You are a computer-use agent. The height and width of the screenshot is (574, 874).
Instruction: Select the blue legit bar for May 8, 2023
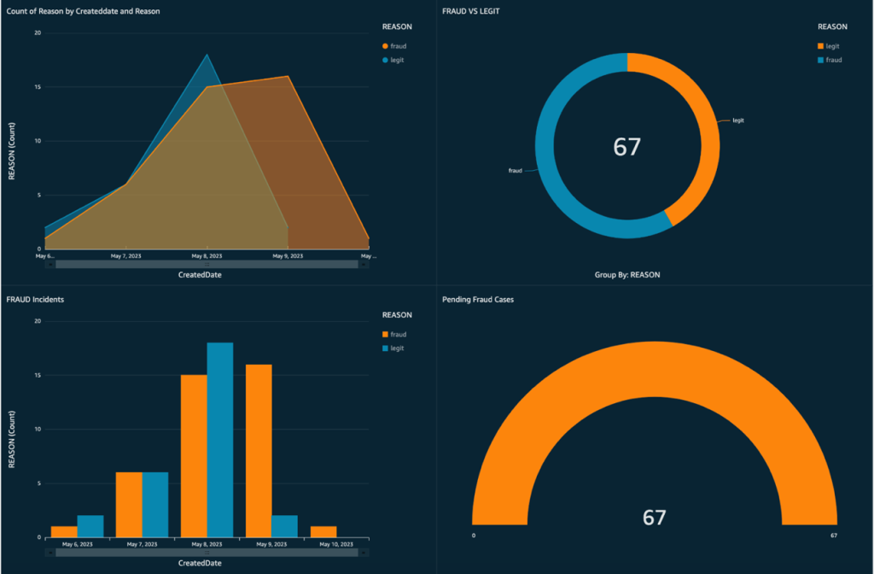pyautogui.click(x=219, y=440)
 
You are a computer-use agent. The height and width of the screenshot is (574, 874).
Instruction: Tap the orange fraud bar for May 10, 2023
pyautogui.click(x=323, y=532)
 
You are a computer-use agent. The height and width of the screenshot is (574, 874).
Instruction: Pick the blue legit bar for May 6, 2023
pyautogui.click(x=90, y=527)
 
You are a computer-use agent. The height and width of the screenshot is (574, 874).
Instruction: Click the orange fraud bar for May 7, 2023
pyautogui.click(x=129, y=505)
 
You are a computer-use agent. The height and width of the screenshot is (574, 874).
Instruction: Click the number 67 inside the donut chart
pyautogui.click(x=626, y=147)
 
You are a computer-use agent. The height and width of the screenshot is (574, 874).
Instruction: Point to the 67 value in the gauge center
pyautogui.click(x=654, y=518)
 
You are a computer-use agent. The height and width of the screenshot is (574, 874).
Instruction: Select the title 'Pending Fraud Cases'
pyautogui.click(x=478, y=300)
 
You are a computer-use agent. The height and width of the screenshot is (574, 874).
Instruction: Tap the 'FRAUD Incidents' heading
pyautogui.click(x=35, y=300)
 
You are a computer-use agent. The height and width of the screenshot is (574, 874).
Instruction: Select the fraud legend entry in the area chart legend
pyautogui.click(x=398, y=45)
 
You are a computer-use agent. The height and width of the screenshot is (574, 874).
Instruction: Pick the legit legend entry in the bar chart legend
pyautogui.click(x=398, y=348)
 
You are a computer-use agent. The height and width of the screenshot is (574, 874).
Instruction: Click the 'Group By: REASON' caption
pyautogui.click(x=627, y=275)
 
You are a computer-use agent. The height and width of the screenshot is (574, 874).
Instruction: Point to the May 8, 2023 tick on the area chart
pyautogui.click(x=206, y=255)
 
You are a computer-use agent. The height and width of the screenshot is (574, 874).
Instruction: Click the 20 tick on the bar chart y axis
pyautogui.click(x=37, y=321)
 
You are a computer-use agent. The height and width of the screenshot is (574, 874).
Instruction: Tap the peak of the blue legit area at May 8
pyautogui.click(x=207, y=56)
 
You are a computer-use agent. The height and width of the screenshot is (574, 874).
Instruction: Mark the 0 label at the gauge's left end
pyautogui.click(x=474, y=536)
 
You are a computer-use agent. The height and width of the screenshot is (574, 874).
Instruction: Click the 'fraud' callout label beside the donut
pyautogui.click(x=516, y=170)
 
